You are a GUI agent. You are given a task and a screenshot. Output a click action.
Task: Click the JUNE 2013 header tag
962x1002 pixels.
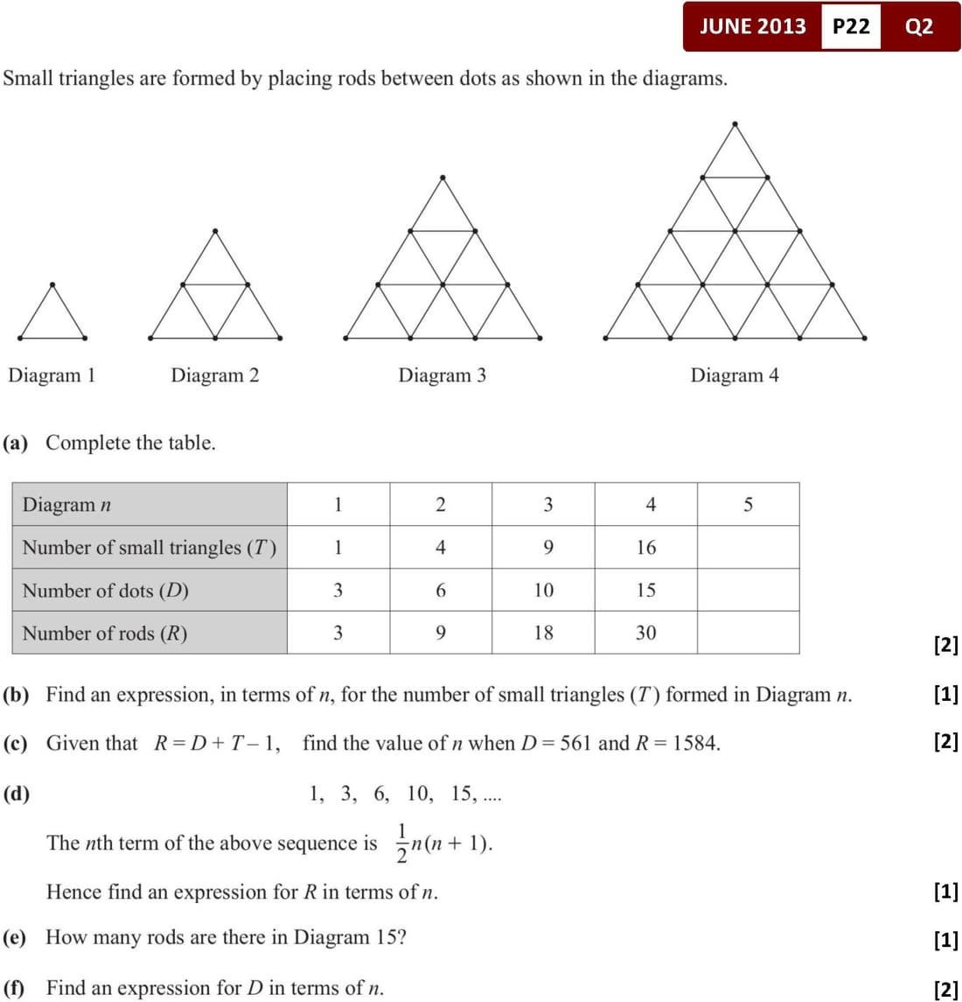click(x=752, y=26)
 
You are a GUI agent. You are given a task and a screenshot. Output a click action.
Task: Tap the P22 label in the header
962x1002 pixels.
click(x=851, y=26)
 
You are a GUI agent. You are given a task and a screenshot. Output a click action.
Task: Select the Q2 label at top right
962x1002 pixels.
click(x=919, y=26)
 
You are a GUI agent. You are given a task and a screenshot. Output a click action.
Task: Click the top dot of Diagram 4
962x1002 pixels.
click(x=735, y=123)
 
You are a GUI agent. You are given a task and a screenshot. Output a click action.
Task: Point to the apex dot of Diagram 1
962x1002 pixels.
click(x=52, y=284)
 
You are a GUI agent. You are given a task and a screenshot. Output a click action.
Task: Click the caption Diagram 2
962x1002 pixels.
click(x=215, y=375)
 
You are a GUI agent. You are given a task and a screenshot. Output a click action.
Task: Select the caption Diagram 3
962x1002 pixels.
click(x=442, y=375)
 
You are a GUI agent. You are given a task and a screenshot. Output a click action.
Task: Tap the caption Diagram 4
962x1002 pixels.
click(x=735, y=375)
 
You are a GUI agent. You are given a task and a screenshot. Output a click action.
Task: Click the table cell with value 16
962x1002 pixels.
click(x=645, y=548)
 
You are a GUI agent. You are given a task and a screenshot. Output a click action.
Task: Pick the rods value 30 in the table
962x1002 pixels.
click(x=645, y=633)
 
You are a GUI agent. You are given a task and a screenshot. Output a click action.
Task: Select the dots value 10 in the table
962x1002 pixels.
click(x=543, y=591)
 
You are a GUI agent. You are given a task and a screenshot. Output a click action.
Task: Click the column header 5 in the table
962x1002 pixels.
click(x=748, y=505)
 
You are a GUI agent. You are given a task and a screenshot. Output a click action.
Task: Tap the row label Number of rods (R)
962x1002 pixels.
click(x=105, y=633)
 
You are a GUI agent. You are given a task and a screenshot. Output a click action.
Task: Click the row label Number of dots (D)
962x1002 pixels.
click(x=105, y=591)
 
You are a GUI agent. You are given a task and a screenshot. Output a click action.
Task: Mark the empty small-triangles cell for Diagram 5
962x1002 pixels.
click(x=748, y=548)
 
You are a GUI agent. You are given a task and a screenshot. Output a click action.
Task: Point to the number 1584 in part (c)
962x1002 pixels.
click(x=696, y=744)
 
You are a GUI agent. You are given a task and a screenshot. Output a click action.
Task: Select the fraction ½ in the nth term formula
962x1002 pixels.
click(x=401, y=843)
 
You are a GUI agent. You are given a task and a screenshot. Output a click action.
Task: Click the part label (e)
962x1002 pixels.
click(x=16, y=938)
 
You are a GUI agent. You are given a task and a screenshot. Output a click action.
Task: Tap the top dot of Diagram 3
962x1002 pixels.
click(x=443, y=177)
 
